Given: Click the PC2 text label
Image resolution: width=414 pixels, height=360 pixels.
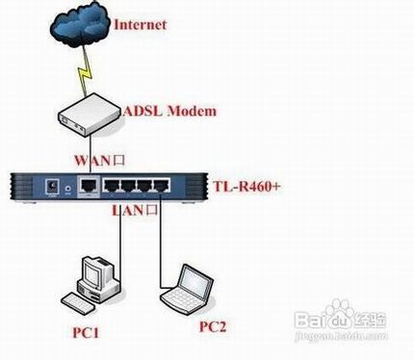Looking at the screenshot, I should (x=213, y=327).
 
